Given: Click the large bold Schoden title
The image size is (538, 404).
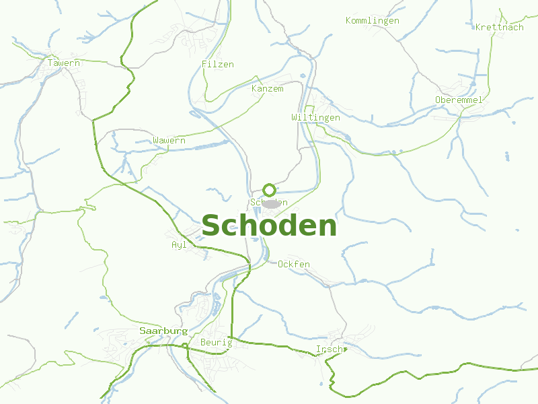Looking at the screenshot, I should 269,226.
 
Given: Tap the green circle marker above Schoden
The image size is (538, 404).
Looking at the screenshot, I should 269,190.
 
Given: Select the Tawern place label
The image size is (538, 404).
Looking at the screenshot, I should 64,63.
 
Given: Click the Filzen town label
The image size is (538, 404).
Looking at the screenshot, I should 218,65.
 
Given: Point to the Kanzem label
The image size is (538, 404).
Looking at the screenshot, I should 268,89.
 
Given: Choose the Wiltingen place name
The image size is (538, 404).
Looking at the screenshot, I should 315,117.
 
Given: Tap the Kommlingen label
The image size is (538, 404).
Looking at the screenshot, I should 373,21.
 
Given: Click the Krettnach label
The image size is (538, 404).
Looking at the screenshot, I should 499,28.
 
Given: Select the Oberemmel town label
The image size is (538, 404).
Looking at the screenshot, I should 459,100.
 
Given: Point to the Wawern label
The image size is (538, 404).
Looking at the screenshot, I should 169,141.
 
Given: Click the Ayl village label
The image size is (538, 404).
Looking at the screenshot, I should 179,245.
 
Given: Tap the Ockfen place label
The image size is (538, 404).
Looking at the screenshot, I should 294,265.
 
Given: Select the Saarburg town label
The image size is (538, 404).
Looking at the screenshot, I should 163,331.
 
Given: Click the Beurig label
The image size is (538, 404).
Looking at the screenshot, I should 216,343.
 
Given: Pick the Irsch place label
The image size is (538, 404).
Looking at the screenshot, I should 329,349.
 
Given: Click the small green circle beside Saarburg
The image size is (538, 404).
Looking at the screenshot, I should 184,346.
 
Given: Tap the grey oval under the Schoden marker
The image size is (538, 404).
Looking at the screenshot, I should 270,203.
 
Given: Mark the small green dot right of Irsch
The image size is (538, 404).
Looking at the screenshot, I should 345,349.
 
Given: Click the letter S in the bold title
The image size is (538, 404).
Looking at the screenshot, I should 212,226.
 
